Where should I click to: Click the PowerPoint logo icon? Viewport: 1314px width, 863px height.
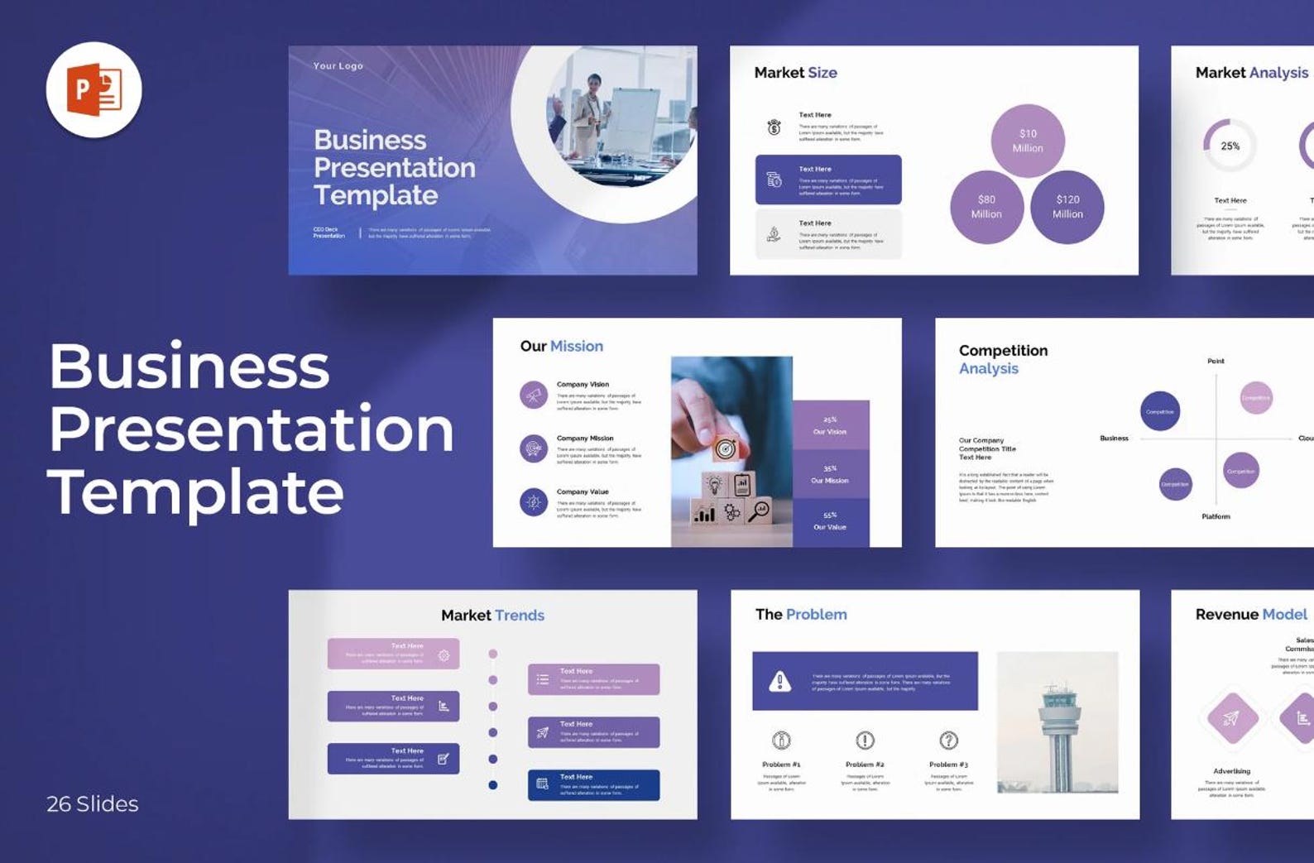(x=94, y=90)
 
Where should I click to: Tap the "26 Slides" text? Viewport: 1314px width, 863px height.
(x=93, y=803)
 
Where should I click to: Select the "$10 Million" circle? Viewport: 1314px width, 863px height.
(x=1028, y=141)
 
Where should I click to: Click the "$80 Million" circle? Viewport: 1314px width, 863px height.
(x=986, y=207)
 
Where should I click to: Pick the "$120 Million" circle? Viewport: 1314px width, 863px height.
(x=1067, y=207)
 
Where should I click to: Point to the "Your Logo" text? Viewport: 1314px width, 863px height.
(x=338, y=66)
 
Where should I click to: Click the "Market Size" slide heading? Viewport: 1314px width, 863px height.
(x=795, y=73)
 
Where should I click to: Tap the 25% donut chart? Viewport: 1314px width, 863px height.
(x=1230, y=146)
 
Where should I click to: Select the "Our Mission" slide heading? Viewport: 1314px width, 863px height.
(x=561, y=346)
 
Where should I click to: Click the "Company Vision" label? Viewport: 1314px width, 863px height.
(x=583, y=384)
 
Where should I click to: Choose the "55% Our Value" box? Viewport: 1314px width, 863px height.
(x=830, y=521)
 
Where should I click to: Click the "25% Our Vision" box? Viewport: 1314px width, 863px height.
(x=830, y=425)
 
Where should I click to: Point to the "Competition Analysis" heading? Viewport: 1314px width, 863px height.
(x=1003, y=359)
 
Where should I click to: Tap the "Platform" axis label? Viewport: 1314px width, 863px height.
(x=1216, y=516)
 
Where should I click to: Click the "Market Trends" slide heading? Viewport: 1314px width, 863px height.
(x=492, y=615)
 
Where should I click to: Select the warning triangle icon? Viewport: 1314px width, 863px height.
(x=779, y=681)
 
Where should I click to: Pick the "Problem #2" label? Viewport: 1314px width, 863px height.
(x=865, y=765)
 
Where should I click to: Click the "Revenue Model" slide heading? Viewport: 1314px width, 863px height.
(x=1251, y=614)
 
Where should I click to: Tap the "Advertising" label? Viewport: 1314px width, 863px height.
(x=1231, y=771)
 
